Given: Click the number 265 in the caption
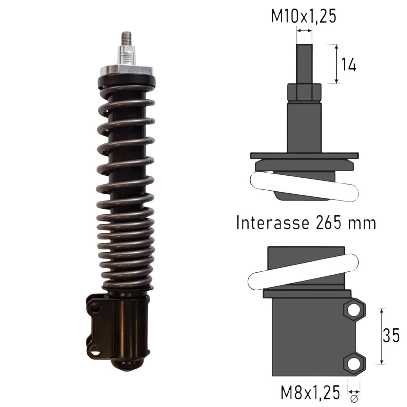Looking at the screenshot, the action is (x=329, y=222).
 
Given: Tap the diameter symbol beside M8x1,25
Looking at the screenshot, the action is (x=353, y=399).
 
